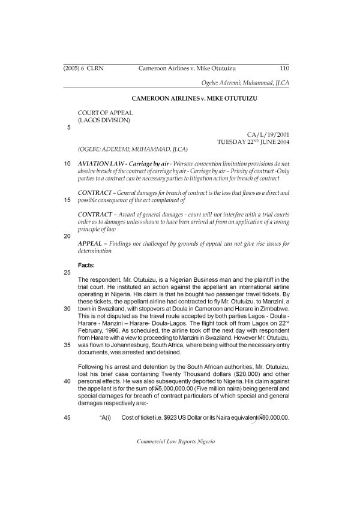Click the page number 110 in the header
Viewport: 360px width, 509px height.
(285, 68)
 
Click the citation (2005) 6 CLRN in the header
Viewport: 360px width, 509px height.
(83, 68)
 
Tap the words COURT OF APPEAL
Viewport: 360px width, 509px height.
(105, 112)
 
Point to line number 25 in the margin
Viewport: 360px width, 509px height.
(67, 272)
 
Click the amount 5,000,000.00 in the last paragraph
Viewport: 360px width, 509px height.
(179, 388)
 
